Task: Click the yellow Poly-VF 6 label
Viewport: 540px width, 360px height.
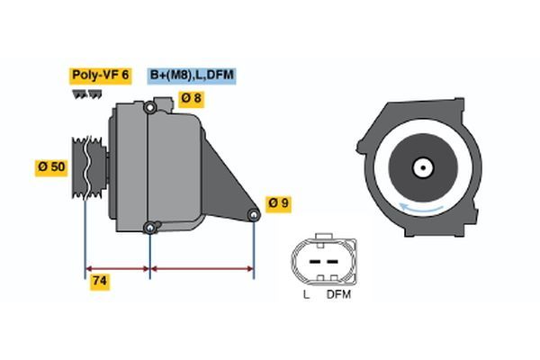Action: (101, 76)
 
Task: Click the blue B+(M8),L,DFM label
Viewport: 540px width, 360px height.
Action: (192, 76)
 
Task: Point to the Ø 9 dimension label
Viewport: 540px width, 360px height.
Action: (278, 203)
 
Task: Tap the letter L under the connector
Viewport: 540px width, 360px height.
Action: (306, 293)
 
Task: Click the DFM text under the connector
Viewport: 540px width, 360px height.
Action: (338, 293)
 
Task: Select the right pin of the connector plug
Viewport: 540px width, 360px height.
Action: (334, 262)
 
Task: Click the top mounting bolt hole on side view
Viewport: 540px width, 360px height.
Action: (150, 109)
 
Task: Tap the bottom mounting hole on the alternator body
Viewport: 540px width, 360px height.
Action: (149, 226)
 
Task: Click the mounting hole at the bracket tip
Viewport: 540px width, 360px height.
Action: (254, 214)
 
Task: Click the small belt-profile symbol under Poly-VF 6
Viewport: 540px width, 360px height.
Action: (86, 94)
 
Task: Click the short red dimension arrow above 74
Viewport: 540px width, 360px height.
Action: (117, 268)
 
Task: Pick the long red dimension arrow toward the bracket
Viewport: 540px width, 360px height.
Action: (202, 268)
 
